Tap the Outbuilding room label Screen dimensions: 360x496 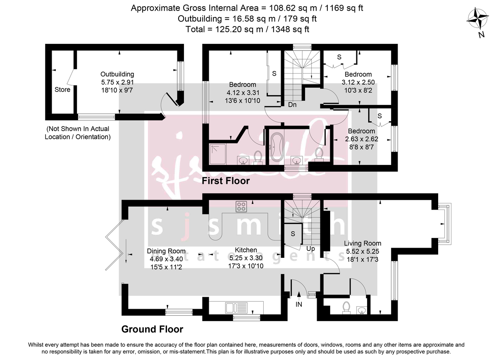point(117,74)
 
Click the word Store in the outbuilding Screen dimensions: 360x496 point(62,90)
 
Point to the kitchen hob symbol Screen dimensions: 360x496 point(241,206)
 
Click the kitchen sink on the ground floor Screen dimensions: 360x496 point(231,308)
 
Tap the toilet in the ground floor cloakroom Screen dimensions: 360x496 point(346,308)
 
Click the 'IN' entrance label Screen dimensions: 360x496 point(299,305)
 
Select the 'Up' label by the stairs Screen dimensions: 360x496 point(311,249)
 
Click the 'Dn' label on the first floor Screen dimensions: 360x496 point(292,105)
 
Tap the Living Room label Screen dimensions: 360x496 point(362,243)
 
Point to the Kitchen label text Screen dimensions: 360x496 point(246,250)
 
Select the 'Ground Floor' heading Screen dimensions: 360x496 point(152,329)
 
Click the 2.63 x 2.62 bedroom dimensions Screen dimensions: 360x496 point(362,139)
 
